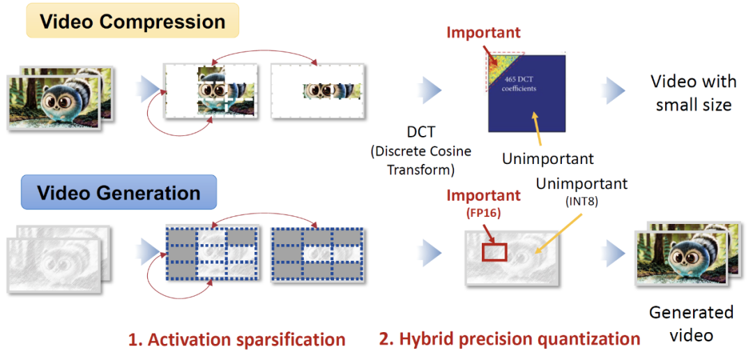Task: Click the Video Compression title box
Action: point(132,21)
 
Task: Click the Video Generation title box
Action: point(118,193)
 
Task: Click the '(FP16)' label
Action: point(483,214)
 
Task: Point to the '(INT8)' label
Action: point(581,202)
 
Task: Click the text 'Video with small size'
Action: point(693,93)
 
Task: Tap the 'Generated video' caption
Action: point(691,323)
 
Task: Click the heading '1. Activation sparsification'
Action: point(236,340)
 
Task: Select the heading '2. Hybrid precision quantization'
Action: point(510,340)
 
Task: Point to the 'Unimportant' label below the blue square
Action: point(548,158)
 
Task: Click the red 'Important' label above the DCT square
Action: point(483,32)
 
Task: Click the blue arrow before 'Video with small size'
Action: point(614,90)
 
